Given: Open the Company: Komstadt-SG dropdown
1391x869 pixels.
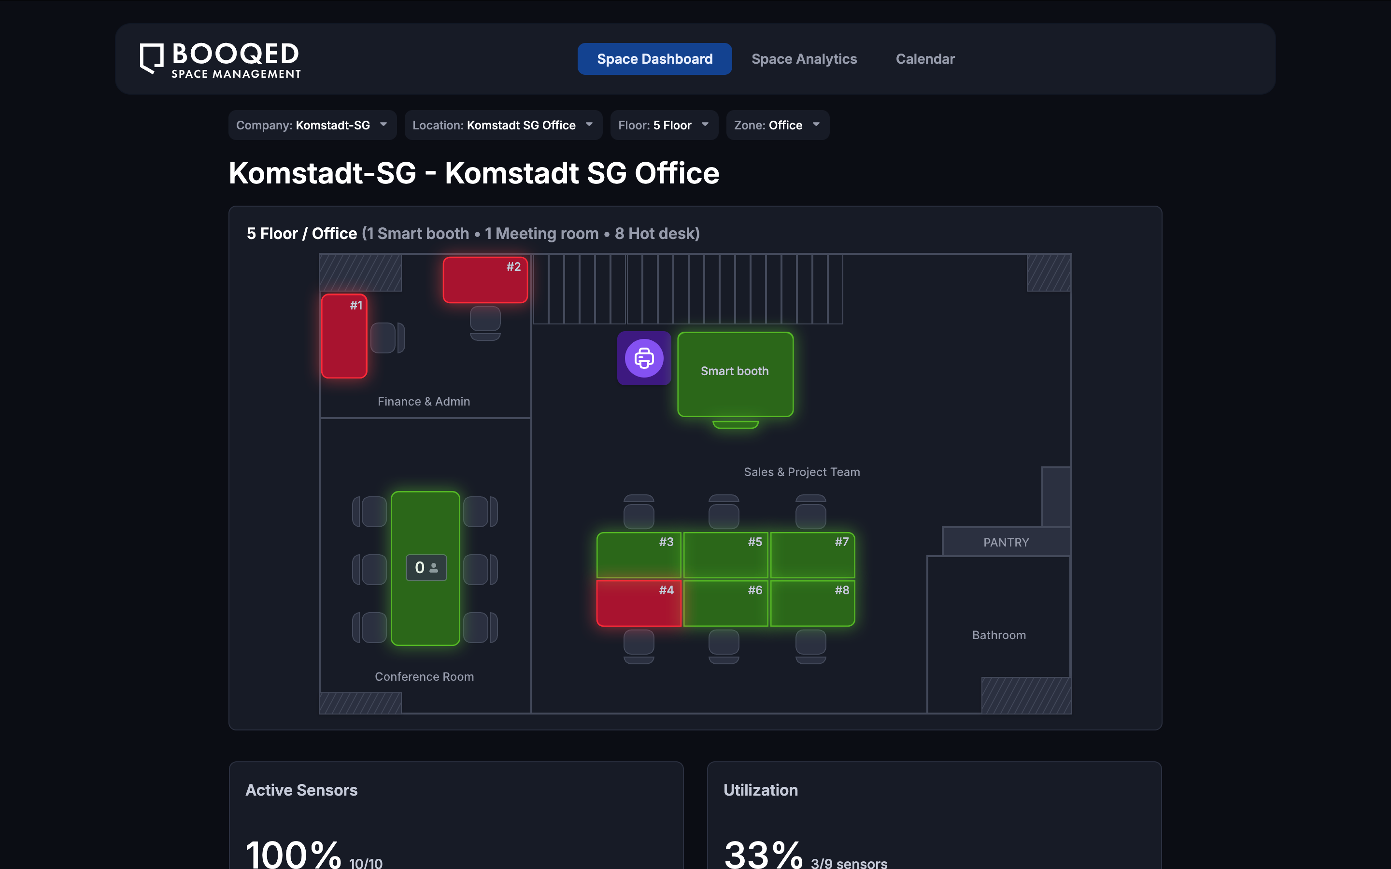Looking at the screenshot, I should pyautogui.click(x=312, y=126).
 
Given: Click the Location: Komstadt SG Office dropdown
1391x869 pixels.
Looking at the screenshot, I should pyautogui.click(x=503, y=126).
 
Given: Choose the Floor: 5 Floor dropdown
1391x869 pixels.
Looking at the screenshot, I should pyautogui.click(x=664, y=126).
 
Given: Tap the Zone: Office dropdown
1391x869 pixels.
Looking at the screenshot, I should pyautogui.click(x=777, y=126).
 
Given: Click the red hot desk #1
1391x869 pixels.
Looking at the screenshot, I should pyautogui.click(x=344, y=336).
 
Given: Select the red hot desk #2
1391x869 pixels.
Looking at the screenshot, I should pyautogui.click(x=484, y=280).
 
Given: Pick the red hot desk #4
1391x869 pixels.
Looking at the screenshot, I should pyautogui.click(x=638, y=603).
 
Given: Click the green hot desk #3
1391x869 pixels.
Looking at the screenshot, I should pyautogui.click(x=638, y=555).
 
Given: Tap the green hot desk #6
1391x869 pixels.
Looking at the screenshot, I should pyautogui.click(x=725, y=603).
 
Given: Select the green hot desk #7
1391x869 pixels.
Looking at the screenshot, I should pyautogui.click(x=812, y=555).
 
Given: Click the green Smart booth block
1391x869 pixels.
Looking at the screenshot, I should pyautogui.click(x=735, y=374).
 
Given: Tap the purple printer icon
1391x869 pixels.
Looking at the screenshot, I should pyautogui.click(x=644, y=358).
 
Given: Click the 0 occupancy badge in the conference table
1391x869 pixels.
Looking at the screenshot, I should pyautogui.click(x=426, y=568).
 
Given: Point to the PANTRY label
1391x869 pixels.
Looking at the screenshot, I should pyautogui.click(x=1006, y=542).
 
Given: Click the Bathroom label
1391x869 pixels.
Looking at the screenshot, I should pyautogui.click(x=998, y=635).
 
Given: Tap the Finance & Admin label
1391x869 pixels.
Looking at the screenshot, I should pyautogui.click(x=424, y=402).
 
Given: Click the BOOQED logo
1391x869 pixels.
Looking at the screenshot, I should pyautogui.click(x=220, y=59).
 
